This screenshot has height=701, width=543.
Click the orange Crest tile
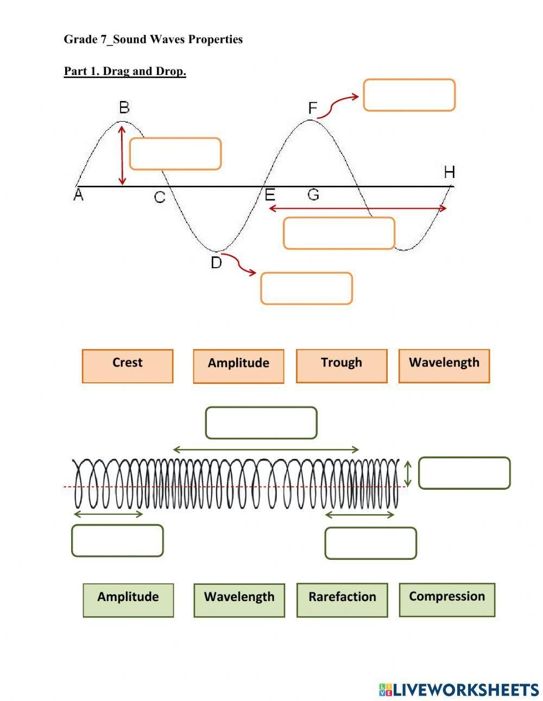point(128,366)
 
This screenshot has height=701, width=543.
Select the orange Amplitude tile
point(238,367)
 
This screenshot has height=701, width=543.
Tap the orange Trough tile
point(342,366)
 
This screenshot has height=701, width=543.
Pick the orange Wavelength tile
point(444,366)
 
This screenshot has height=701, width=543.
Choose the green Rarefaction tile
point(342,600)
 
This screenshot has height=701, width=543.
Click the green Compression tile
point(447,599)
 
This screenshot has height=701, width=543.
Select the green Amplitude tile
point(128,600)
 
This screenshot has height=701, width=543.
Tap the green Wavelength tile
point(239,600)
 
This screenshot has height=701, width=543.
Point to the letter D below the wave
point(216,263)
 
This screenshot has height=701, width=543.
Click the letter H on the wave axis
point(449,173)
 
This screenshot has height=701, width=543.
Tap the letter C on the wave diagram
point(160,197)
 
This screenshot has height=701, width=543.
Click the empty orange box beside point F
point(409,95)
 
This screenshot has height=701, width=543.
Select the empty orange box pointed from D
point(307,288)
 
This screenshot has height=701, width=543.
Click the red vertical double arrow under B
point(122,155)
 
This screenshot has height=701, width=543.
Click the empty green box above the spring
point(261,422)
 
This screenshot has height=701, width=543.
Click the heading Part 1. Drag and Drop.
point(125,72)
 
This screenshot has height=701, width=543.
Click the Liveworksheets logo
point(459,690)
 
